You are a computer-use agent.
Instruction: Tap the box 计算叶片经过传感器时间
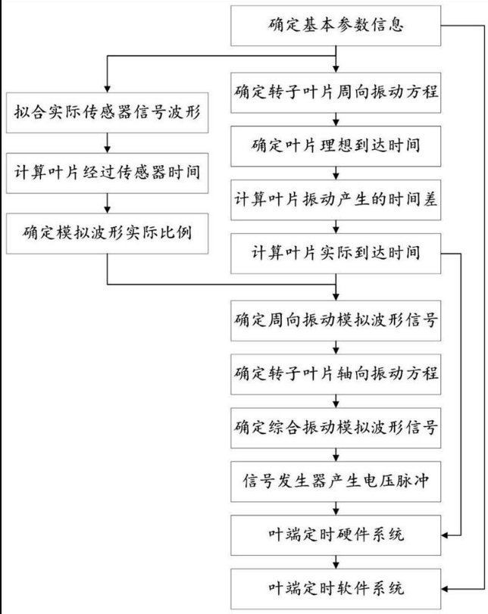[109, 171]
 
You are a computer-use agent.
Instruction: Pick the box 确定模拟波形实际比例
[109, 232]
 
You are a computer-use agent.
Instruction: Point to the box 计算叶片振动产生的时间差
[336, 198]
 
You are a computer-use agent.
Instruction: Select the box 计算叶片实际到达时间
[336, 251]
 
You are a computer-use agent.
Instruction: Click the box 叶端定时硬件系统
[336, 535]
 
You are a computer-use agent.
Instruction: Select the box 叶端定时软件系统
[336, 588]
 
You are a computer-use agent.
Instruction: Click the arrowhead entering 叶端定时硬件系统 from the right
[446, 535]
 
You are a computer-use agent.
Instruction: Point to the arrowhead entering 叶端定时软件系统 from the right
[446, 588]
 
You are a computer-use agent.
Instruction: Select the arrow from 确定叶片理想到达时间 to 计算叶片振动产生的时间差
[336, 172]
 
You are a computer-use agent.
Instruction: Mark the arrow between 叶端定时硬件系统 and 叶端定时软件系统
[336, 561]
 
